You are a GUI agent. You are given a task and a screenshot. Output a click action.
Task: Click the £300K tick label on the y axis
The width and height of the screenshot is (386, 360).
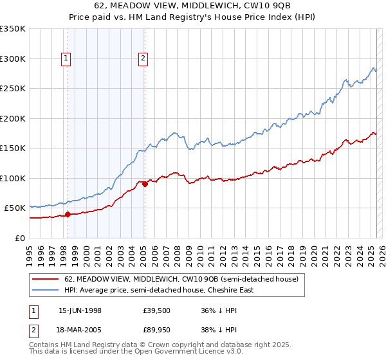(x=12, y=59)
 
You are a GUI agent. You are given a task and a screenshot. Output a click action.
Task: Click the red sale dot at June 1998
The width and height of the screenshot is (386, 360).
(x=68, y=215)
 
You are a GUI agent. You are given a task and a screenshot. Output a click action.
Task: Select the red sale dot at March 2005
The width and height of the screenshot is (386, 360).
(x=145, y=184)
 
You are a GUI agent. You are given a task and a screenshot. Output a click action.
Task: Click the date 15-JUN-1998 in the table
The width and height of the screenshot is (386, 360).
(x=80, y=310)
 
